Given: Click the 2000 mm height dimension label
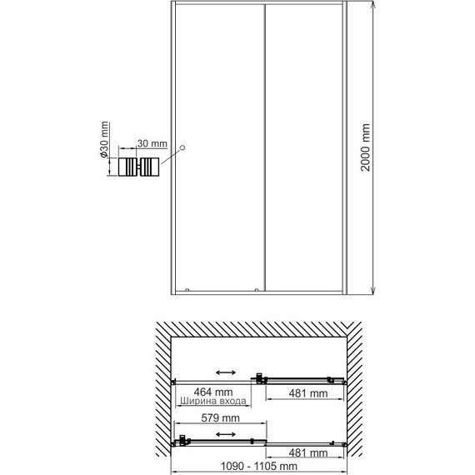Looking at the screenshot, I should [365, 148].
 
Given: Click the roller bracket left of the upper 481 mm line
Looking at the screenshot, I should [262, 380].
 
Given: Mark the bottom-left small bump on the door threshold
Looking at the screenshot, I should [187, 289].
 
